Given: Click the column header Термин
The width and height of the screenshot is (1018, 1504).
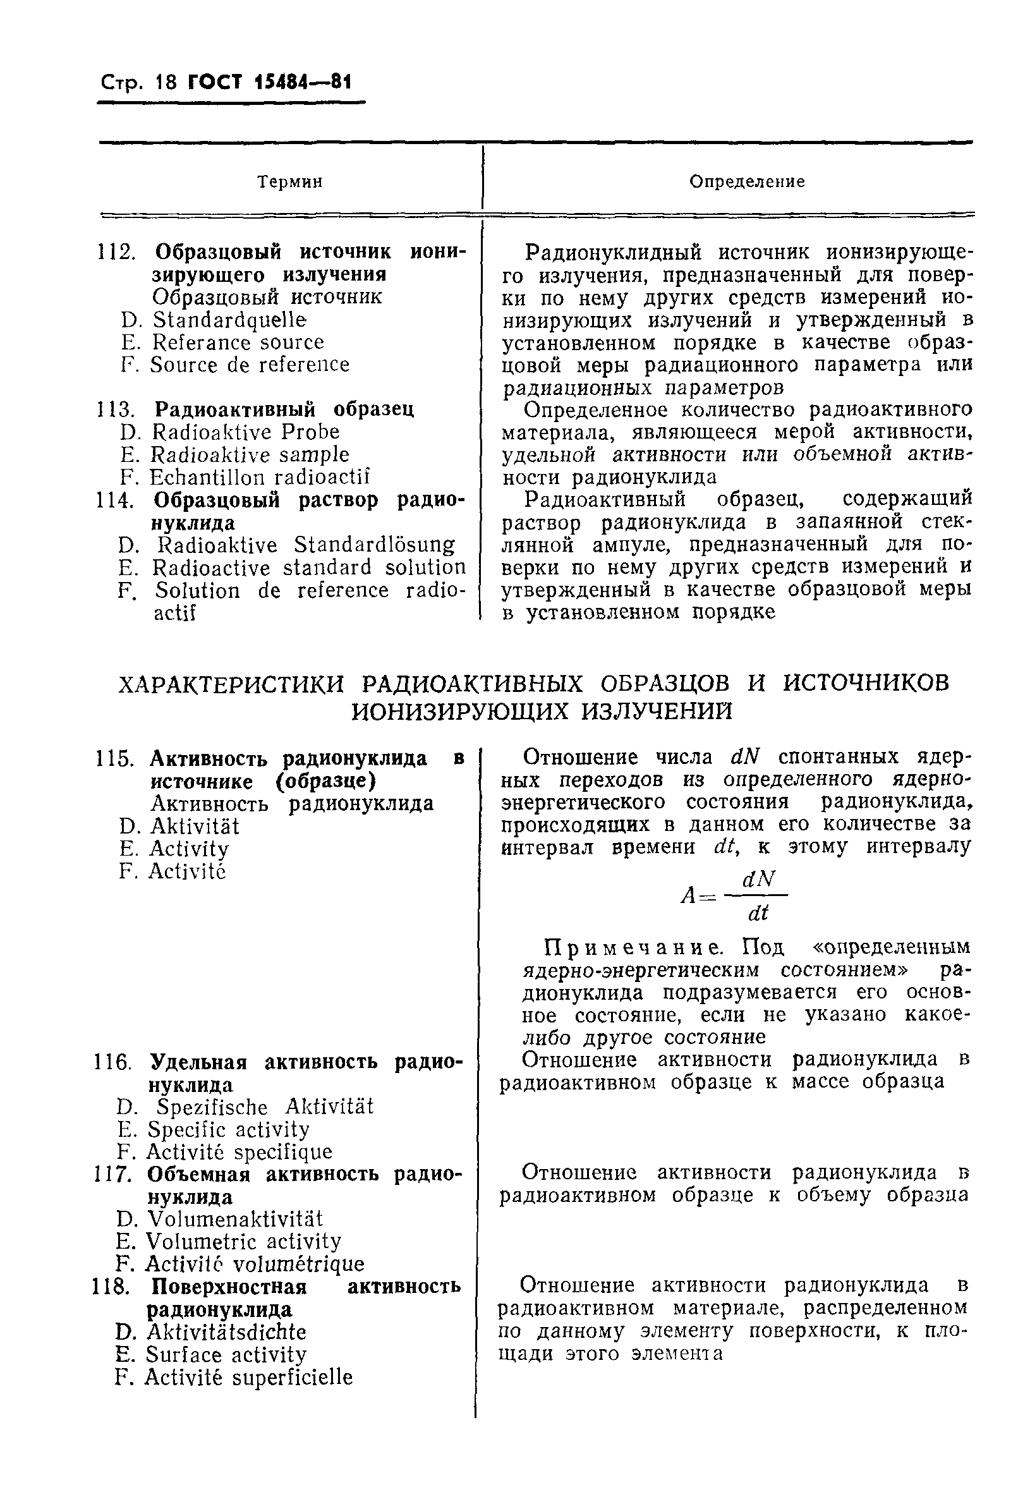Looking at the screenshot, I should point(289,182).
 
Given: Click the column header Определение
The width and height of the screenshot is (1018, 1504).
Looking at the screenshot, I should point(746,182).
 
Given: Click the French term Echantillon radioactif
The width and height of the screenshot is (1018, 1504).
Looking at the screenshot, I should point(259,478).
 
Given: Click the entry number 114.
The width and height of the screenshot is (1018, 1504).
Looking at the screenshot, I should point(114,500).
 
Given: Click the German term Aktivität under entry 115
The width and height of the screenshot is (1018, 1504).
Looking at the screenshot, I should point(194,827).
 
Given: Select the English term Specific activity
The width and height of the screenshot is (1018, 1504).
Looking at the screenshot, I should point(229,1130).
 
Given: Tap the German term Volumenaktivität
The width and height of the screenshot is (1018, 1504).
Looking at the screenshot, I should point(234,1219).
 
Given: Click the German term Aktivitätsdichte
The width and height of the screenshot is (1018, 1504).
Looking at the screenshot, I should point(226,1332).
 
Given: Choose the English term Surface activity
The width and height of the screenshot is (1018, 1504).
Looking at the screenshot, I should point(226,1354).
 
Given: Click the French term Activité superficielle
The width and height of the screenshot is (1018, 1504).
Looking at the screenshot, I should point(248,1377).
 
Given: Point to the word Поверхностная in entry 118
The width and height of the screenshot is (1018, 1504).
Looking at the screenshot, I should point(228,1287).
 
